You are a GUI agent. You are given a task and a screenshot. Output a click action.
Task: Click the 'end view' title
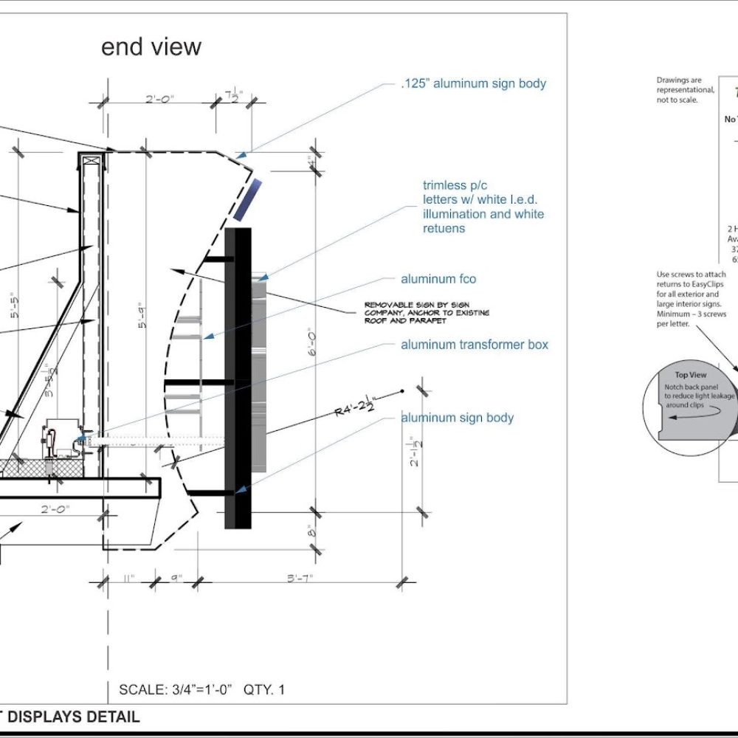tap(151, 47)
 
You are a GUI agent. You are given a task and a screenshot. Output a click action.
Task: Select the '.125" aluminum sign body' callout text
tap(474, 83)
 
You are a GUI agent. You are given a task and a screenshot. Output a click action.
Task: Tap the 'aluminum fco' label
tap(438, 279)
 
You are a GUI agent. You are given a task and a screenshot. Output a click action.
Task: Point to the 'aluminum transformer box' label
tap(475, 345)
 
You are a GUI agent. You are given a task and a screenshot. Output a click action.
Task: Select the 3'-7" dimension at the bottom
tap(300, 578)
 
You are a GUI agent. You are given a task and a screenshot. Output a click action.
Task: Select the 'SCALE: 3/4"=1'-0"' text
tap(176, 690)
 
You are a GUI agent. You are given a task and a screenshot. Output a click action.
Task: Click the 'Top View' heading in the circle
tap(691, 375)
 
